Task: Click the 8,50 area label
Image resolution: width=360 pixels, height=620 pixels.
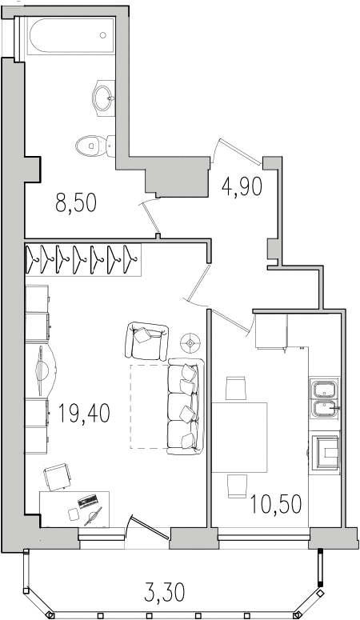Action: tap(76, 204)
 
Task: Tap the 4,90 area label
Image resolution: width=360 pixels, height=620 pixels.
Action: tap(242, 186)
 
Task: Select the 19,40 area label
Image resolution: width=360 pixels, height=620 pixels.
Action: tap(84, 413)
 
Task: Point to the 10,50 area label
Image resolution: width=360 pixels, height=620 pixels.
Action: tap(277, 504)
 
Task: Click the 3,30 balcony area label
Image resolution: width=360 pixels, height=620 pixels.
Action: tap(165, 593)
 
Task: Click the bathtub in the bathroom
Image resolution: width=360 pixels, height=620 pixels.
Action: tap(70, 35)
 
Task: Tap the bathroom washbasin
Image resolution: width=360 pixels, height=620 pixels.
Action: tap(104, 97)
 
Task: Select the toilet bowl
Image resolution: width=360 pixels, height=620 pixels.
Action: tap(95, 146)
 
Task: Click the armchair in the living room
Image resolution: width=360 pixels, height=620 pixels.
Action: tap(146, 341)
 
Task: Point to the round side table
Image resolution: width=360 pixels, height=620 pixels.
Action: tap(190, 343)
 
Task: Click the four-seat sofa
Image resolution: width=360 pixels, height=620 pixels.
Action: tap(185, 406)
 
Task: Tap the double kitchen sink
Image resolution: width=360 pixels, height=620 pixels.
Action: tap(325, 398)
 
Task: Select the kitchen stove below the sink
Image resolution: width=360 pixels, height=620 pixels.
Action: tap(326, 453)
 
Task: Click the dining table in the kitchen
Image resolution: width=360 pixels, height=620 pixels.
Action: tap(240, 438)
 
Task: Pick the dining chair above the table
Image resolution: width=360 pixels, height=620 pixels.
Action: tap(236, 388)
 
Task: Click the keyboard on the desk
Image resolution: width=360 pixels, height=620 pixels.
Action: tap(88, 502)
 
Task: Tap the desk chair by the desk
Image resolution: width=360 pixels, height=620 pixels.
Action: tap(59, 477)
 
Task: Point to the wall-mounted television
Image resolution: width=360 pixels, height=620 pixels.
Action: tap(41, 370)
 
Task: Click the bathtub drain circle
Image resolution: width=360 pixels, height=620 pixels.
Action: tap(103, 35)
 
